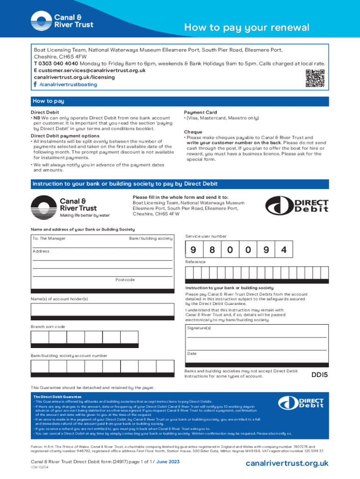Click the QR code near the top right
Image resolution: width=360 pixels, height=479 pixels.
pyautogui.click(x=315, y=78)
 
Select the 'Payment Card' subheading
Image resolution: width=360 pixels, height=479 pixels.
pyautogui.click(x=201, y=112)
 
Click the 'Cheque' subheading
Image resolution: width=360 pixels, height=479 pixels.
pyautogui.click(x=193, y=132)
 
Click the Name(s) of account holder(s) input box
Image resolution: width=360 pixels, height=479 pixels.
pyautogui.click(x=101, y=311)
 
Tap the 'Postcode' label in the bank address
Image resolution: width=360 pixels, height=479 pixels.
pyautogui.click(x=125, y=280)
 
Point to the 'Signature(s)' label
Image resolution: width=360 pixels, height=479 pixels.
pyautogui.click(x=199, y=328)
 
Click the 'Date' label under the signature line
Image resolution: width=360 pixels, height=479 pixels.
pyautogui.click(x=192, y=354)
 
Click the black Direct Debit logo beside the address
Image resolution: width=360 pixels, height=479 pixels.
pyautogui.click(x=297, y=206)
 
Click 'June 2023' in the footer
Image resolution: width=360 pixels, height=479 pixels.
pyautogui.click(x=167, y=462)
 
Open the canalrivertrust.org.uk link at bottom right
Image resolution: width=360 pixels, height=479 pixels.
pyautogui.click(x=288, y=463)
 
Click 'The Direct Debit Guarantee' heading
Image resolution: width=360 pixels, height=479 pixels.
pyautogui.click(x=58, y=397)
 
